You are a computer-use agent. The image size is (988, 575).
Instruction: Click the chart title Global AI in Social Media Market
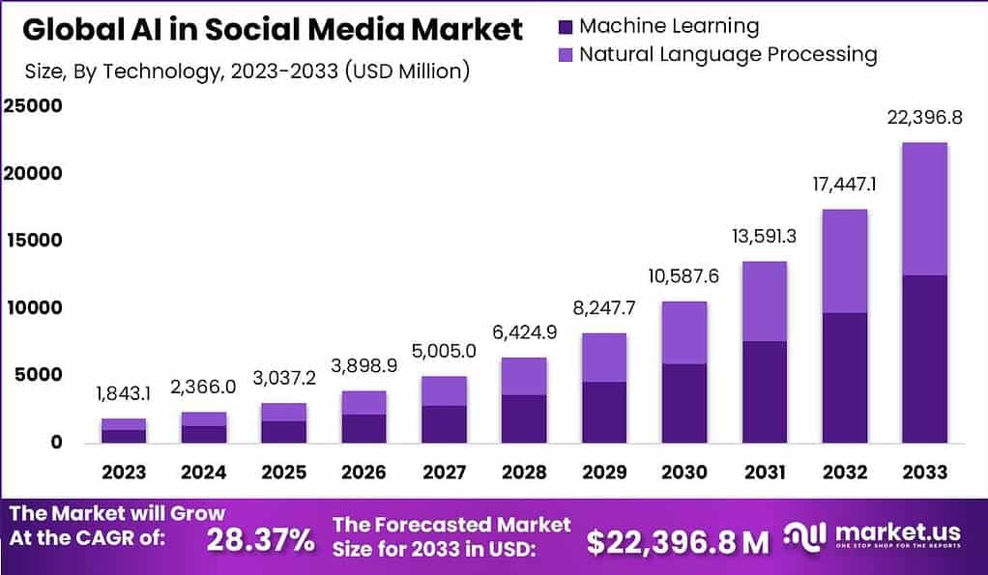click(272, 29)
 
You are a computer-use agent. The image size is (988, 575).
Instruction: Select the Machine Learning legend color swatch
click(566, 26)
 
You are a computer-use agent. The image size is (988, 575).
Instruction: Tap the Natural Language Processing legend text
click(727, 54)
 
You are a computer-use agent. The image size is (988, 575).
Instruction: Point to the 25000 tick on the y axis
click(31, 105)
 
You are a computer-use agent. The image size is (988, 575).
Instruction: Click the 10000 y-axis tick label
click(31, 307)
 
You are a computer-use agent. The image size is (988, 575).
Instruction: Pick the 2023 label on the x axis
click(124, 473)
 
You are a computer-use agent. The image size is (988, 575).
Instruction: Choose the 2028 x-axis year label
click(524, 473)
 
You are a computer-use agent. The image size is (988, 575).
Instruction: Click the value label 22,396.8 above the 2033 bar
click(924, 118)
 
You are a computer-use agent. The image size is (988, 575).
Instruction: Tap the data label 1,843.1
click(124, 394)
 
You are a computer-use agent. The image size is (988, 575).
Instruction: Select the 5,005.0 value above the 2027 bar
click(444, 352)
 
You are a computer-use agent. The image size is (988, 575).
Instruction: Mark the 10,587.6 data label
click(683, 276)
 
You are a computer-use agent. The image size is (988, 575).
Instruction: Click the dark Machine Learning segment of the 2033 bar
click(924, 359)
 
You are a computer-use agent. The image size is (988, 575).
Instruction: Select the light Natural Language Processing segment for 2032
click(844, 261)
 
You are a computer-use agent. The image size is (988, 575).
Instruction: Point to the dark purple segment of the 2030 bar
click(683, 403)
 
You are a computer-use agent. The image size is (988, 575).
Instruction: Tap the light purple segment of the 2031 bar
click(764, 302)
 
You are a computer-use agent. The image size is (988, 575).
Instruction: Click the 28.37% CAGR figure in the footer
click(260, 540)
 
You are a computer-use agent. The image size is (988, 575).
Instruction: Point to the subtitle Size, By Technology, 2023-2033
click(247, 71)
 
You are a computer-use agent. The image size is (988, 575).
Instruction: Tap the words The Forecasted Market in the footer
click(451, 525)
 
